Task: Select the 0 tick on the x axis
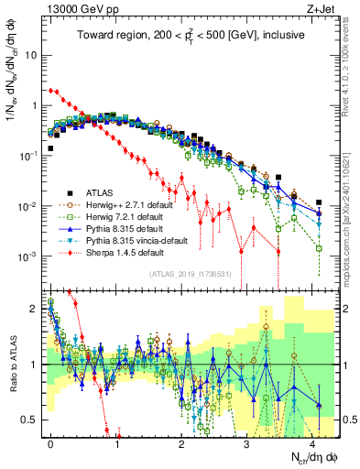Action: click(x=51, y=442)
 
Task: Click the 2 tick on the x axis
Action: click(x=181, y=442)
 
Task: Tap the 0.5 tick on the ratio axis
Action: click(x=32, y=420)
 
